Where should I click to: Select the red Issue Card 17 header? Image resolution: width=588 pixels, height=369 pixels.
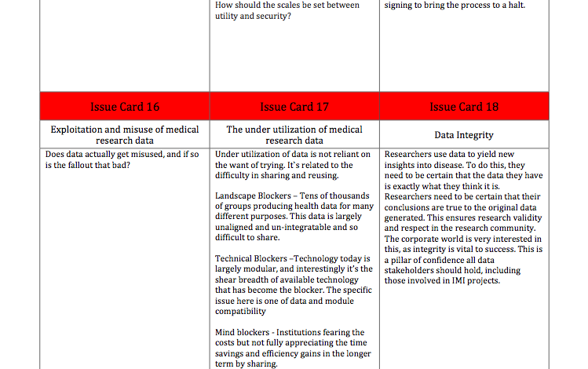pos(294,107)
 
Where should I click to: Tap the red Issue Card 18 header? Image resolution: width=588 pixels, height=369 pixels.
pos(464,107)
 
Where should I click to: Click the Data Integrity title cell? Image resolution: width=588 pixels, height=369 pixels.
pos(464,135)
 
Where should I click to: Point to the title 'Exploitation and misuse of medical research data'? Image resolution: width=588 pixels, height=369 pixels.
pos(125,135)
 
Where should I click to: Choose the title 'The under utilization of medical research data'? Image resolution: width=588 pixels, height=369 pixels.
pos(294,135)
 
